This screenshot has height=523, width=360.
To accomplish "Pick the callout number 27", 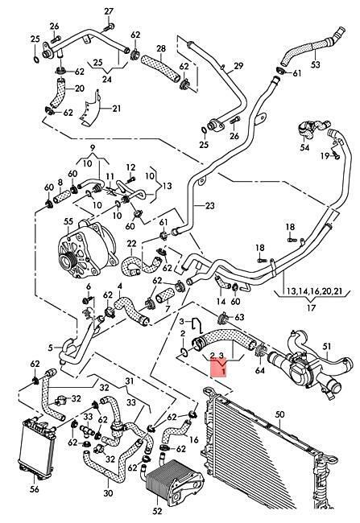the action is coord(109,12).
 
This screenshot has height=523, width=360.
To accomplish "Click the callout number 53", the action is coord(316,64).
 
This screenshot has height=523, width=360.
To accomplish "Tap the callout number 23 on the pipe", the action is coord(209,206).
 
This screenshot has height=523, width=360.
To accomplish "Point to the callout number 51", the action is coord(327,347).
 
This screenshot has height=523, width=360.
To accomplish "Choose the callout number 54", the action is coord(304,146).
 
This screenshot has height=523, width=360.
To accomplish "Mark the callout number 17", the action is coord(311,307).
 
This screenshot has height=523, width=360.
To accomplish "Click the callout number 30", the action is coord(108,492).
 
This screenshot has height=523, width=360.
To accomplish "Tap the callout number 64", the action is coord(259,370).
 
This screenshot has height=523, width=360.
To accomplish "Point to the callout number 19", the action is coord(325,155).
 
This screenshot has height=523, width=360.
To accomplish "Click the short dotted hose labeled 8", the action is coord(61,194).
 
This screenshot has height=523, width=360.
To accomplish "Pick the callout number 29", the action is coord(238,66).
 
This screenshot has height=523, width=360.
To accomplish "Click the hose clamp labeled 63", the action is coord(222,317).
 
